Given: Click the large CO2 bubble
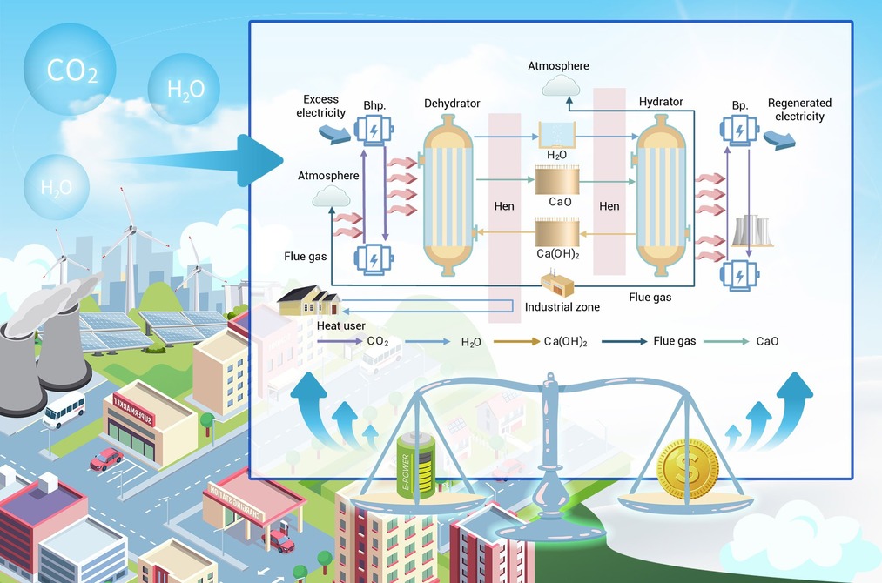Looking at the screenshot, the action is (70, 69).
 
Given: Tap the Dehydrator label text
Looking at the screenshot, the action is (452, 104).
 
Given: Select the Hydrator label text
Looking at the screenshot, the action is (661, 102).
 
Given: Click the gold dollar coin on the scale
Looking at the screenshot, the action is (687, 468).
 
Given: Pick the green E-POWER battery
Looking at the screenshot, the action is (415, 464).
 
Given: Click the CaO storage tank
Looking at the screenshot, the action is (557, 180).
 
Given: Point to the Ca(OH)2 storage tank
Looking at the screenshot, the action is (557, 232).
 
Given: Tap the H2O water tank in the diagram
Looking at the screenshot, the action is (557, 135).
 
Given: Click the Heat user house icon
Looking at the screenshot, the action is (309, 301).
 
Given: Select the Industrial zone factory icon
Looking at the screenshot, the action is (557, 283).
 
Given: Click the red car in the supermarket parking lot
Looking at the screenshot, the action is (106, 459).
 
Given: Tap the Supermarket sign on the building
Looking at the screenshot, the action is (132, 411).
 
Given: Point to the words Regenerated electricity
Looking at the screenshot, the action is (799, 110).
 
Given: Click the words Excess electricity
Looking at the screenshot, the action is (320, 106).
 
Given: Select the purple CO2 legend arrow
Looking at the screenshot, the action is (340, 341).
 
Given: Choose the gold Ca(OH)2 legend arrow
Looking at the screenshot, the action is (516, 341).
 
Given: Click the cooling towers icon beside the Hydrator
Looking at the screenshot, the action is (751, 231).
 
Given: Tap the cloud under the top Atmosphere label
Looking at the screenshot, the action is (561, 85).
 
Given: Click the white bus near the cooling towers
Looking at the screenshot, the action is (64, 411).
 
